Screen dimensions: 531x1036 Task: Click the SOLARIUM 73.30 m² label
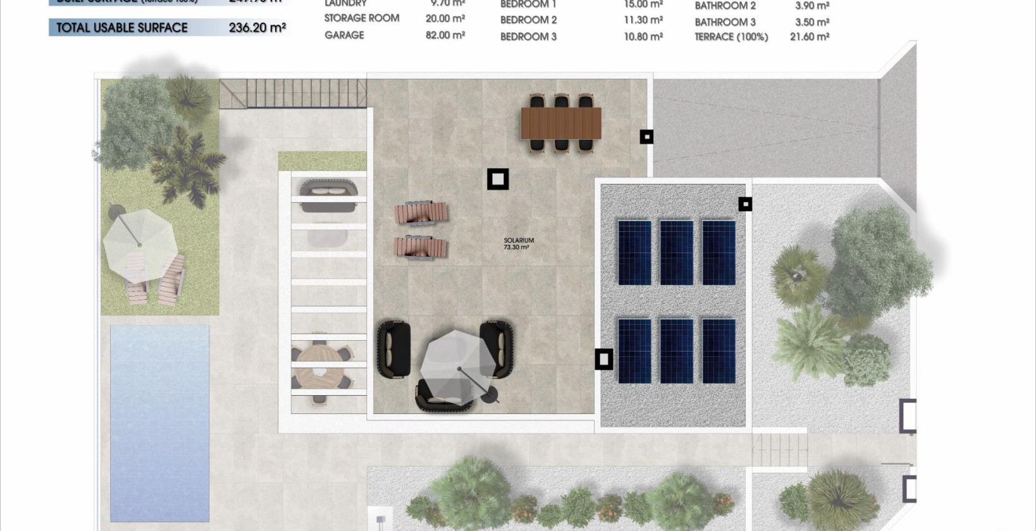coord(519,243)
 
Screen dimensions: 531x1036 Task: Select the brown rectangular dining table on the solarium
coord(561,123)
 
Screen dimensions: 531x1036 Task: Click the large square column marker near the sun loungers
coord(498,180)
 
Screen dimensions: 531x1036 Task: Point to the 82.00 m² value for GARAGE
coord(445,35)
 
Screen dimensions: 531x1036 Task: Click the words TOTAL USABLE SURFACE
coord(122,28)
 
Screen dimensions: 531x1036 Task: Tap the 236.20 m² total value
coord(257,28)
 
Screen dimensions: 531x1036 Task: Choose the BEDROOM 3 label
coord(528,37)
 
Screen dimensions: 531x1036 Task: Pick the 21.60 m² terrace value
coord(810,37)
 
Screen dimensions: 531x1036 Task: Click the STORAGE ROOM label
coord(362,18)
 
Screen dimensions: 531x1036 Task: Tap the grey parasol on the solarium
coord(459,363)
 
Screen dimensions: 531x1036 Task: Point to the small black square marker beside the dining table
coord(646,137)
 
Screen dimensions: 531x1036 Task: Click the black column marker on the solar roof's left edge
coord(604,359)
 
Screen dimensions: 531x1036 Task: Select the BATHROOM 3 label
coord(725,22)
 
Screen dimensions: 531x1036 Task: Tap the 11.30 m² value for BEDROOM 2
coord(643,20)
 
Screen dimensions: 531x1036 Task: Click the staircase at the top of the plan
coord(293,94)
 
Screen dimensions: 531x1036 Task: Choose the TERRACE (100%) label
coord(731,37)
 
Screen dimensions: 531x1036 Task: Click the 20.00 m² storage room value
coord(445,18)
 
